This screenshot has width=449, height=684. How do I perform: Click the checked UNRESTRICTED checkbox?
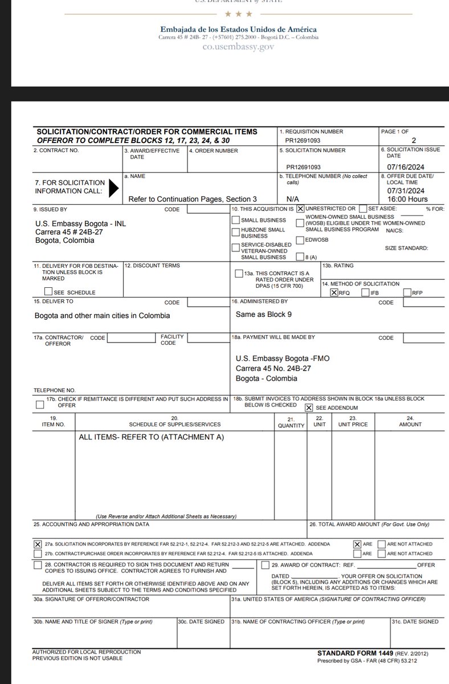click(x=300, y=209)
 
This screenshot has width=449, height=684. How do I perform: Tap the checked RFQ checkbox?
click(x=334, y=292)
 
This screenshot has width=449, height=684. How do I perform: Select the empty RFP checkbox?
click(x=407, y=292)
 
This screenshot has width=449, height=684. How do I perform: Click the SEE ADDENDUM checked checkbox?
click(x=308, y=408)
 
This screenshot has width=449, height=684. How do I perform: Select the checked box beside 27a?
click(x=38, y=544)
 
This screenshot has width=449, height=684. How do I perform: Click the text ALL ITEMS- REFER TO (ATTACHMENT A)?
click(x=152, y=437)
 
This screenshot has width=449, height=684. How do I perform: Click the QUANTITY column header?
click(x=291, y=425)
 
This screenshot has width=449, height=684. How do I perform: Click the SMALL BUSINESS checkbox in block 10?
click(x=235, y=220)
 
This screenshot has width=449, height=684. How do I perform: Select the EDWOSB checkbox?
click(x=300, y=240)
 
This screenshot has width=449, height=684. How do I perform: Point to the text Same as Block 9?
click(x=264, y=314)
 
